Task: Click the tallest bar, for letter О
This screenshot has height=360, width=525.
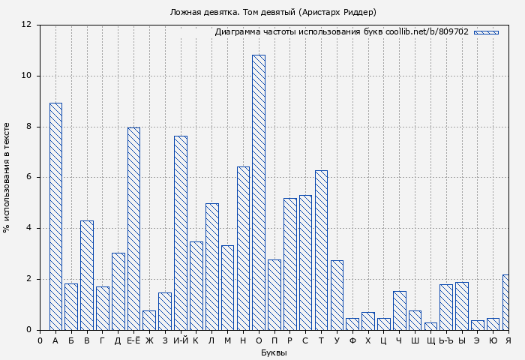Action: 258,192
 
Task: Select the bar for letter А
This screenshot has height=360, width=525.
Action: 55,216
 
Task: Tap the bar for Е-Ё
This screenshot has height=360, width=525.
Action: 133,229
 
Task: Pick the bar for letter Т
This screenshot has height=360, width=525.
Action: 321,250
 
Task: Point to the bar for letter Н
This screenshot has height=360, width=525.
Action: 243,248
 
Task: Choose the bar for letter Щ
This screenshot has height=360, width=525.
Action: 430,326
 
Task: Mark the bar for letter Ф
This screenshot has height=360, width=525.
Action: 352,324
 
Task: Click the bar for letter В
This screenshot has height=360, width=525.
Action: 87,275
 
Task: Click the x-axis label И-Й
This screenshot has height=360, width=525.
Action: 181,340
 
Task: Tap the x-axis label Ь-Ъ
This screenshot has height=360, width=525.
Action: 445,340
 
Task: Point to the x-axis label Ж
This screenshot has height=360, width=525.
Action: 149,340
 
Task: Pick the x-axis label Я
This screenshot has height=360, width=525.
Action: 508,340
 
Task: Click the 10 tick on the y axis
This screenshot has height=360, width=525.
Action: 26,76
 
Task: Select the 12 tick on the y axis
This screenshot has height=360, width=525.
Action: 26,25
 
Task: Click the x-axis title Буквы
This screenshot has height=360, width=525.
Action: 274,352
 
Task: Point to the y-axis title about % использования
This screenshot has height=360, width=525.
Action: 7,177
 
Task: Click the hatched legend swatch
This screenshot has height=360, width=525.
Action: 486,32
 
